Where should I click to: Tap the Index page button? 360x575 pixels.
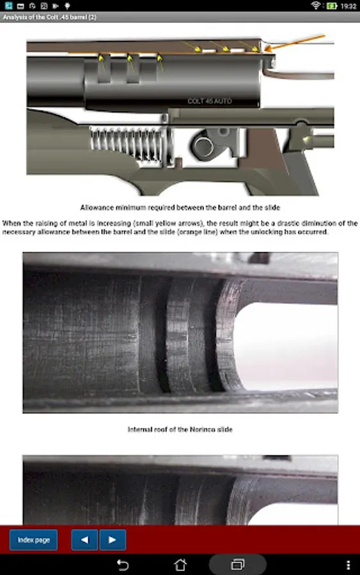tap(33, 540)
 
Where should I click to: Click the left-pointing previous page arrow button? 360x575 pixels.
tap(84, 540)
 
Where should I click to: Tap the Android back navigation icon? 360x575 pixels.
tap(123, 565)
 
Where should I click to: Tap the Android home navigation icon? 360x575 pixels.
tap(180, 565)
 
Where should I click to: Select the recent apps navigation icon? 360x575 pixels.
tap(238, 565)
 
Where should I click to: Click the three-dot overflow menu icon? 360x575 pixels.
tap(348, 565)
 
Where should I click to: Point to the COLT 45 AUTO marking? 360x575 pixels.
tap(210, 101)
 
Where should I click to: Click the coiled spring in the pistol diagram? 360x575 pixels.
tap(131, 144)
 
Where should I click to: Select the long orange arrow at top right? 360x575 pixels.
tap(295, 43)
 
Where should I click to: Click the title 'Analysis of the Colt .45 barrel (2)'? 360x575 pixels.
tap(49, 17)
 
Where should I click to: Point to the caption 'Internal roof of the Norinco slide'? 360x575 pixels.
tap(180, 429)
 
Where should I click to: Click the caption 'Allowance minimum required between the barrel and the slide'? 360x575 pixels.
tap(180, 208)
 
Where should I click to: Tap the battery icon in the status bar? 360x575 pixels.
tap(332, 6)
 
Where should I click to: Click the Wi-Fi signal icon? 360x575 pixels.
tap(315, 6)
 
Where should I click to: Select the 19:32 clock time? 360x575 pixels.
tap(348, 6)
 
